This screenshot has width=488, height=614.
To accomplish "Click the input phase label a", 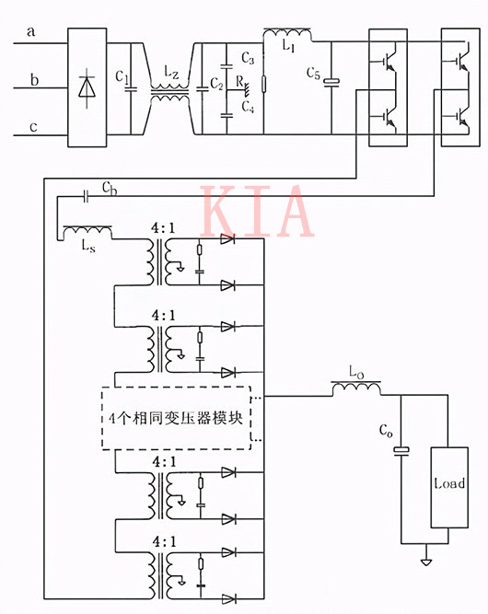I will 31,33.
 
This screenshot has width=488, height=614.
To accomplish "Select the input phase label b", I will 34,81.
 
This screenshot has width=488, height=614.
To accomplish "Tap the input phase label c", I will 33,128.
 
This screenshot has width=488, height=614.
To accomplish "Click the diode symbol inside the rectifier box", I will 89,87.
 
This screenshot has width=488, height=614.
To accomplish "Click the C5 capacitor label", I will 314,75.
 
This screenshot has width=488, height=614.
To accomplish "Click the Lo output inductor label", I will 357,373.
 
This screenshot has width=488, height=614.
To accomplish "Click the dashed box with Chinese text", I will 176,416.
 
